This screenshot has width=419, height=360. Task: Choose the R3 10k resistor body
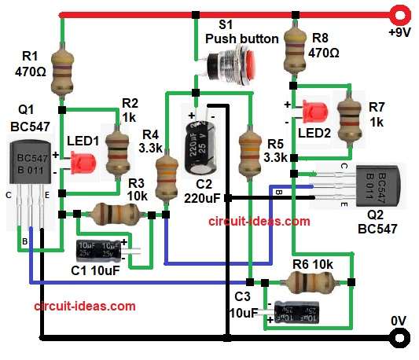(x=112, y=213)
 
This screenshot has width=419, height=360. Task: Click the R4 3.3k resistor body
(x=166, y=177)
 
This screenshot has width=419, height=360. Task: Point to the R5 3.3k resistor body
(x=249, y=149)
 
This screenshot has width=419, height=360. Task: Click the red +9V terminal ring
(x=401, y=13)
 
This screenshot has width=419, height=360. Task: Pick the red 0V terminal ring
(x=401, y=339)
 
